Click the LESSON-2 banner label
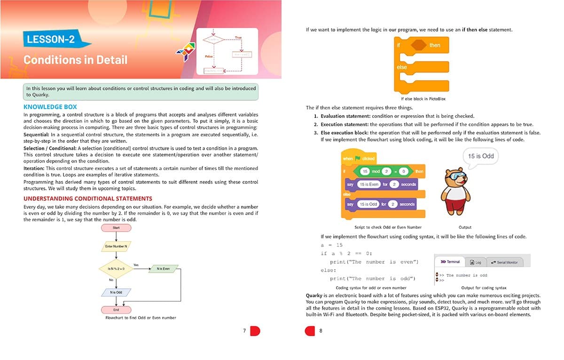click(51, 39)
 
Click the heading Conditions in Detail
click(75, 60)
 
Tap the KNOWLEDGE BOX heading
click(50, 107)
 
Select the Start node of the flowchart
click(116, 228)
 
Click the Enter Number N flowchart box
click(116, 246)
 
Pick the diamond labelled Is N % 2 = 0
click(116, 269)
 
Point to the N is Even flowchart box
click(164, 269)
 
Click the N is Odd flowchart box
click(116, 292)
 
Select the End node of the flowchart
click(116, 310)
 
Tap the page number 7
click(244, 331)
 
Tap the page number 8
click(321, 331)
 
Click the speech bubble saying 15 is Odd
click(481, 156)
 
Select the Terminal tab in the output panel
click(450, 262)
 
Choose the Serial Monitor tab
click(504, 262)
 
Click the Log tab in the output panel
click(476, 262)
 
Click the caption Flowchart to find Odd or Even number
click(141, 318)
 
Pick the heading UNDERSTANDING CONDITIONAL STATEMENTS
click(87, 198)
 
